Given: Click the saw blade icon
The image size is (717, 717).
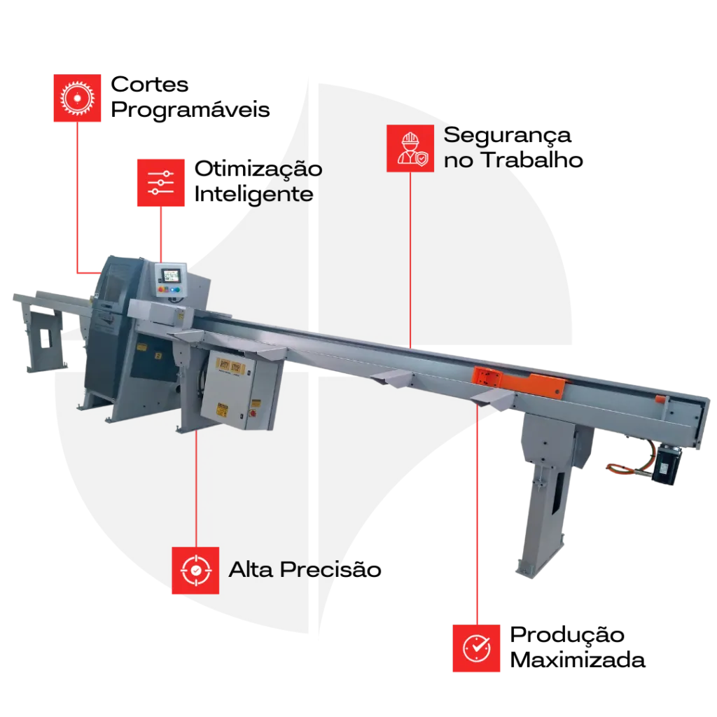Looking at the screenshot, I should tap(78, 98).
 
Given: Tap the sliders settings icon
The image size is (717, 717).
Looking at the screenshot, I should tap(161, 182).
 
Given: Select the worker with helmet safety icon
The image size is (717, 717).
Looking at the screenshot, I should tap(410, 148).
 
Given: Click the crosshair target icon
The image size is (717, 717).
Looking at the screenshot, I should tap(195, 571).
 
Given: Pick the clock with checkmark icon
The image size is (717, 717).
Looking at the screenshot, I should tap(477, 648).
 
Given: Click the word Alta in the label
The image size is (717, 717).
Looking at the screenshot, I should tap(251, 570).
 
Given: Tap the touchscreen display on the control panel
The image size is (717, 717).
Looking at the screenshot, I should tap(172, 275).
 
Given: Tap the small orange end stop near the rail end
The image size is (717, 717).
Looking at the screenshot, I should tap(660, 399).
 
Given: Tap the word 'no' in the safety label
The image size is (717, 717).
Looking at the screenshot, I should tap(459, 160).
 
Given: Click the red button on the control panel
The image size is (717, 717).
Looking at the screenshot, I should tap(161, 288).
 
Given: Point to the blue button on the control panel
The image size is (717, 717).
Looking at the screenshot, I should tap(175, 288).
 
